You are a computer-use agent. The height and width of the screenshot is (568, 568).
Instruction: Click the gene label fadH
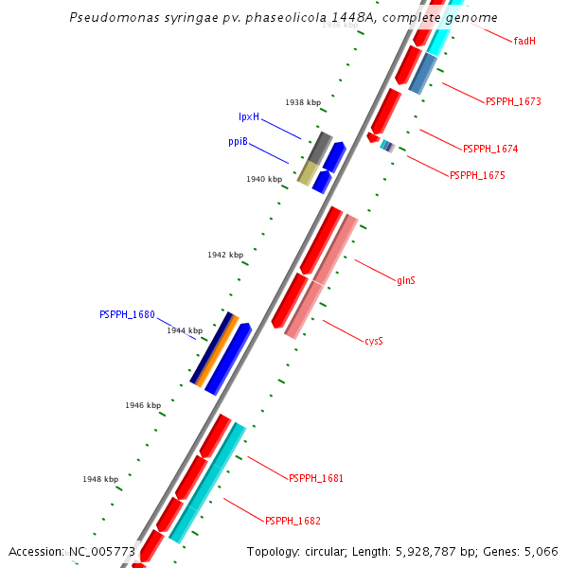524,42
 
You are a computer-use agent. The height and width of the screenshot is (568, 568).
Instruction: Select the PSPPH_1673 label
513,101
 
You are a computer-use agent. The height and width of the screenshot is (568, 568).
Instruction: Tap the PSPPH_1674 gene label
490,150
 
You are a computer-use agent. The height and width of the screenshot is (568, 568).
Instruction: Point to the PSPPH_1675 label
477,175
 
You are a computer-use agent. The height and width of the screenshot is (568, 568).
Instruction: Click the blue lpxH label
249,117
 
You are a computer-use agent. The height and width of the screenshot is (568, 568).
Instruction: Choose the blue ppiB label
238,142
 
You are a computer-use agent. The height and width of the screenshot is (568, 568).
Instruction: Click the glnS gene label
406,280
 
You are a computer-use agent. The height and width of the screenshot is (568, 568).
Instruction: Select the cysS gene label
374,341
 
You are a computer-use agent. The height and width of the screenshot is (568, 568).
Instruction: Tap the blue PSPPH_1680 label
127,315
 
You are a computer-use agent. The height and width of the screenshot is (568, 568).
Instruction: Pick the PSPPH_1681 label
316,479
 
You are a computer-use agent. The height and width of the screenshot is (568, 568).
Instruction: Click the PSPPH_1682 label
293,522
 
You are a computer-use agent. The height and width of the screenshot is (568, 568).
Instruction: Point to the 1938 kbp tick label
303,102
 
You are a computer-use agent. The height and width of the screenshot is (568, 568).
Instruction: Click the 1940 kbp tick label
264,179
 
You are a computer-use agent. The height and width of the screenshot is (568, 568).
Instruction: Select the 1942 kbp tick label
225,255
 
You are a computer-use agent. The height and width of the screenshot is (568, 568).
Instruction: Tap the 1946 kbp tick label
143,405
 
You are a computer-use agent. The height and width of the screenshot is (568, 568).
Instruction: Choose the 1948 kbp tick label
100,479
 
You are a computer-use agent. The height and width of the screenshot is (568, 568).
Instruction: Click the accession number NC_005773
102,552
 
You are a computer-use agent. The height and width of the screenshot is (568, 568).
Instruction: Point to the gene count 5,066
541,552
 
